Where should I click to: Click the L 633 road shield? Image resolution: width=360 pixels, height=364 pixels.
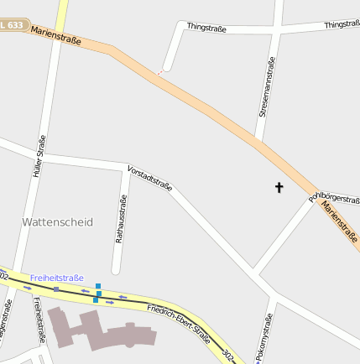pos(12,26)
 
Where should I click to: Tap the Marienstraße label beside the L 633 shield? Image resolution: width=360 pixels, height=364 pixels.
pos(55,35)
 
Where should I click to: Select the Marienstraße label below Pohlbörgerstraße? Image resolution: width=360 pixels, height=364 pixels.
pos(340,219)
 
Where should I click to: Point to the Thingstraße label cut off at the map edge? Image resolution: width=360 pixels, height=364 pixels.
pos(342,25)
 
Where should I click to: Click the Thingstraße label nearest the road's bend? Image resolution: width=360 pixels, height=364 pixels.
pos(206,28)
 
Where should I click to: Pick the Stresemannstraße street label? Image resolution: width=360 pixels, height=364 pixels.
pos(267,87)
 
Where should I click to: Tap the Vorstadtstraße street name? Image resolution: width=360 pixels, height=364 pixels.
pos(150,178)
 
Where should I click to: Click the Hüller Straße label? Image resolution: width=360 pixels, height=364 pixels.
pos(38,156)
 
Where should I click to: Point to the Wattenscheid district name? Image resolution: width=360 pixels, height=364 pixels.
pos(57,222)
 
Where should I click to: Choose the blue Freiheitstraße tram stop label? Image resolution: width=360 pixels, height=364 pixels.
pos(57,278)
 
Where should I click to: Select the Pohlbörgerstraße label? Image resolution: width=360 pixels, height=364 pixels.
pos(334,196)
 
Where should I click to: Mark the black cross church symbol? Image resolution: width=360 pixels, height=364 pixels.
pos(279,188)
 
